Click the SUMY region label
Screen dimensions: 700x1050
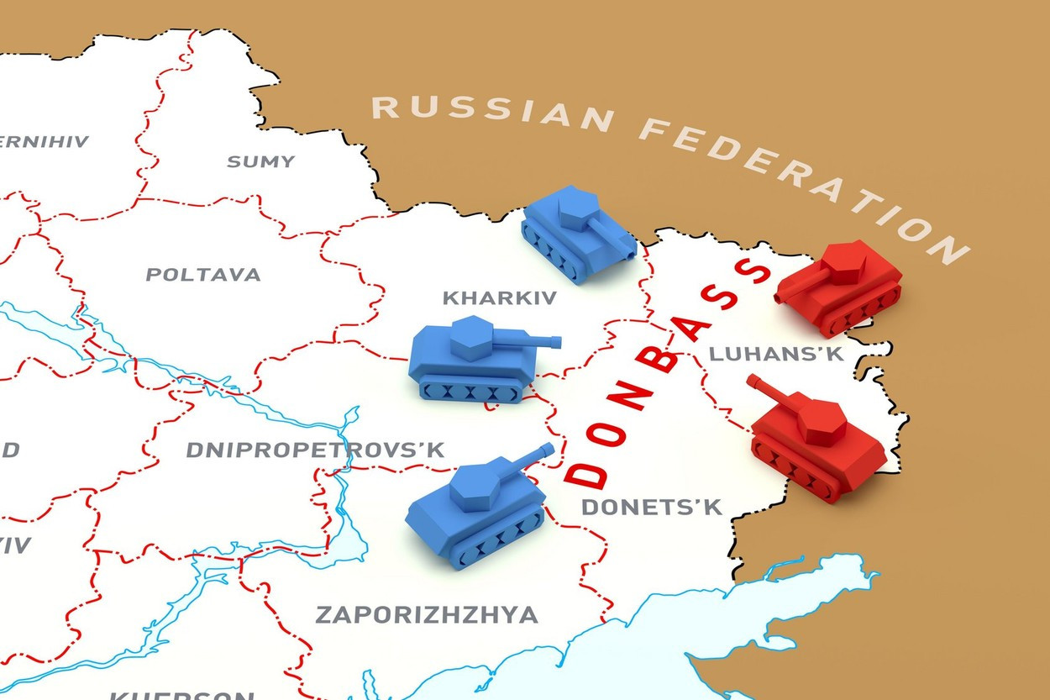click(x=261, y=161)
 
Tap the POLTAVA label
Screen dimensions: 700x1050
click(x=203, y=275)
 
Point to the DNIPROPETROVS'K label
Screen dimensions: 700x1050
click(x=315, y=450)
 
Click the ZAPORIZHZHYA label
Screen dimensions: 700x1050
click(x=427, y=614)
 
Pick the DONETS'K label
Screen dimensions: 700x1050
click(x=652, y=507)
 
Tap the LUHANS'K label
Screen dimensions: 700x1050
click(x=776, y=354)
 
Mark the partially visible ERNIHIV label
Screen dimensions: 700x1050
click(x=44, y=141)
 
